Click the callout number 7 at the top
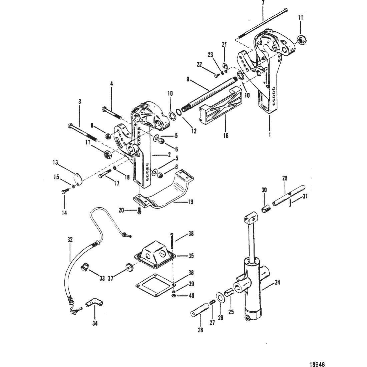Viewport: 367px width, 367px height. [x=263, y=3]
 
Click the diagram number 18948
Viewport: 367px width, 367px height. [x=317, y=364]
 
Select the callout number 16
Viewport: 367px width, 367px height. [x=226, y=135]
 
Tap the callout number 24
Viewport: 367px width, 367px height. [x=277, y=282]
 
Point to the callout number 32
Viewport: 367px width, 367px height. [x=70, y=240]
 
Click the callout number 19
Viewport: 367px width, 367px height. [x=191, y=202]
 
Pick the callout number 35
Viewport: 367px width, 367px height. [x=191, y=256]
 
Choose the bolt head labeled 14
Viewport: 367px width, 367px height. [x=64, y=192]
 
